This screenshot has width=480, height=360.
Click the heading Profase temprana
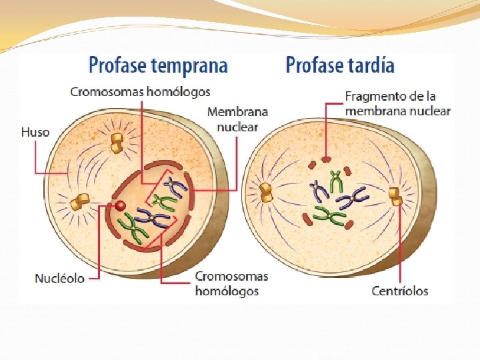pyautogui.click(x=158, y=65)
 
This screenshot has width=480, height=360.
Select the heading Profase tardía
pyautogui.click(x=339, y=65)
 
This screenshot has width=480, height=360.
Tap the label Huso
pyautogui.click(x=35, y=132)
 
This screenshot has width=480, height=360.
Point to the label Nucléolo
pyautogui.click(x=60, y=277)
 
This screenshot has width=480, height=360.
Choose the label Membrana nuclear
pyautogui.click(x=237, y=119)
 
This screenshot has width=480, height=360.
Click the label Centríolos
pyautogui.click(x=400, y=291)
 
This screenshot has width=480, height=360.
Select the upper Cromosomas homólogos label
pyautogui.click(x=140, y=91)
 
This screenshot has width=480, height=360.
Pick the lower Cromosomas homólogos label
pyautogui.click(x=231, y=283)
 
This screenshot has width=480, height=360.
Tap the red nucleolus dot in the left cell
pyautogui.click(x=121, y=206)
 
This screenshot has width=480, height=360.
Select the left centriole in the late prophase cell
pyautogui.click(x=267, y=191)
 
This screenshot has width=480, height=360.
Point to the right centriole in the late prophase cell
pyautogui.click(x=395, y=196)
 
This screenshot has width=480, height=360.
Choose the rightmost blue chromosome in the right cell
pyautogui.click(x=353, y=197)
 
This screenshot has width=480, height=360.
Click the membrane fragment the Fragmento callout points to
pyautogui.click(x=326, y=159)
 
